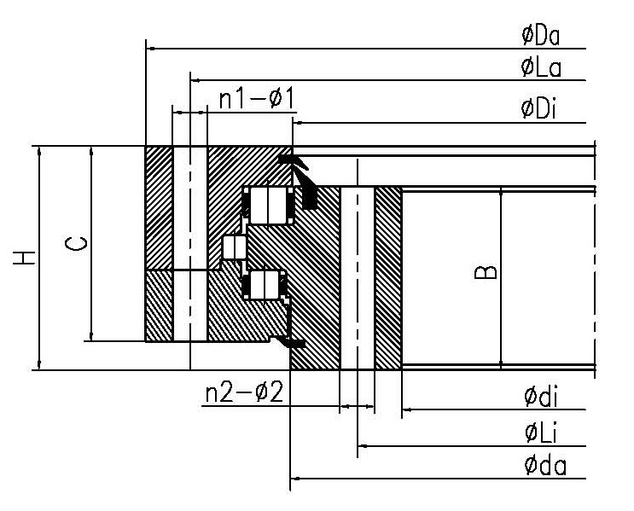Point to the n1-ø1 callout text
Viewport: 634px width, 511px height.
tap(257, 99)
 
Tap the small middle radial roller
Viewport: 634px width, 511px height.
tap(233, 247)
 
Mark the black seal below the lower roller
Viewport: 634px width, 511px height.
tap(294, 342)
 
